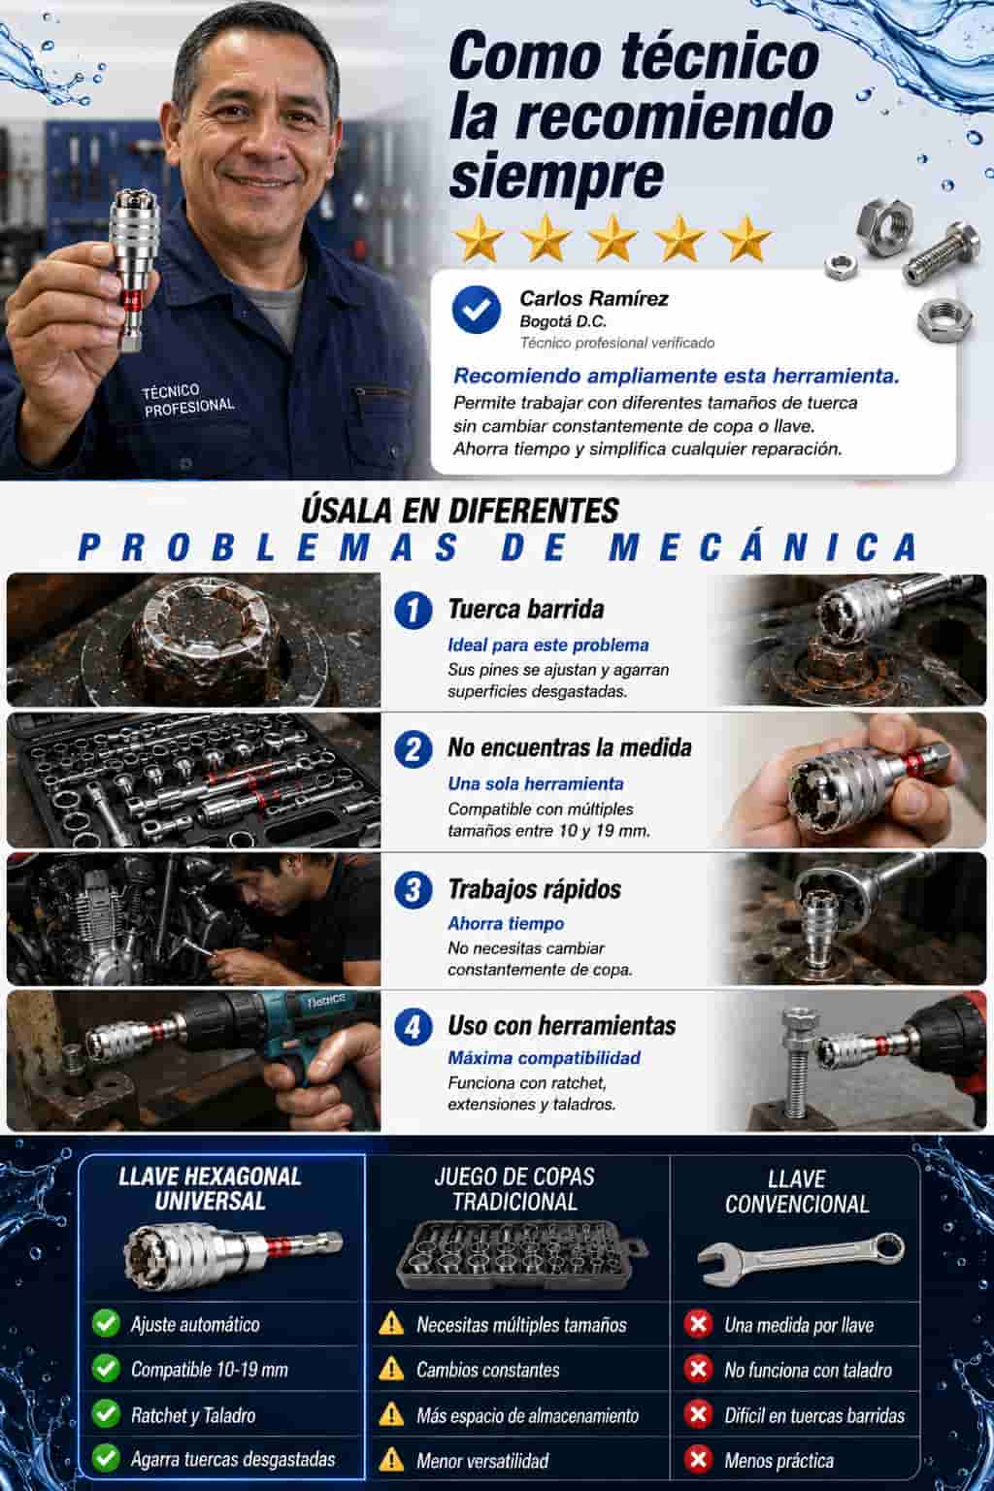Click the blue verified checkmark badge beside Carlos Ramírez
(476, 310)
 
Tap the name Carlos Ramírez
(594, 299)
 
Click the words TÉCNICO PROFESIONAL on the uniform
(187, 400)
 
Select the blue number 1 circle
(413, 611)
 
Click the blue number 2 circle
(413, 748)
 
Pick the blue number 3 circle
(413, 890)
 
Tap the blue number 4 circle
(413, 1027)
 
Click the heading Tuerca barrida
(526, 609)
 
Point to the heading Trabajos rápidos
(535, 889)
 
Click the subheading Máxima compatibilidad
(544, 1058)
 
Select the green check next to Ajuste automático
(106, 1323)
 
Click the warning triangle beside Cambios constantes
(391, 1370)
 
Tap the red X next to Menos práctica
(698, 1460)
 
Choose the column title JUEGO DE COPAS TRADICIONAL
(514, 1189)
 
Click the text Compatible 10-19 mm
(210, 1370)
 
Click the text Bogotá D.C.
(563, 321)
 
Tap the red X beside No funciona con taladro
(698, 1370)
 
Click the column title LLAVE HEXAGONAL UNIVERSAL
(210, 1189)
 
